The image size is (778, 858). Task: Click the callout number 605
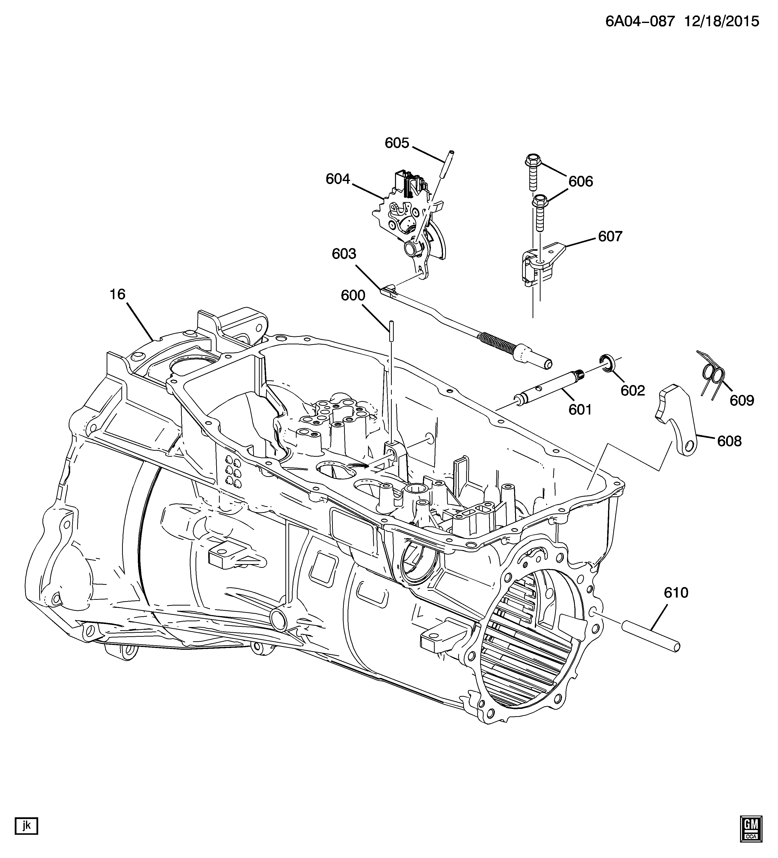[397, 143]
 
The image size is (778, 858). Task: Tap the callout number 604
[338, 179]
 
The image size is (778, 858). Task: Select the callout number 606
[581, 182]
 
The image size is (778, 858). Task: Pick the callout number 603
[344, 254]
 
